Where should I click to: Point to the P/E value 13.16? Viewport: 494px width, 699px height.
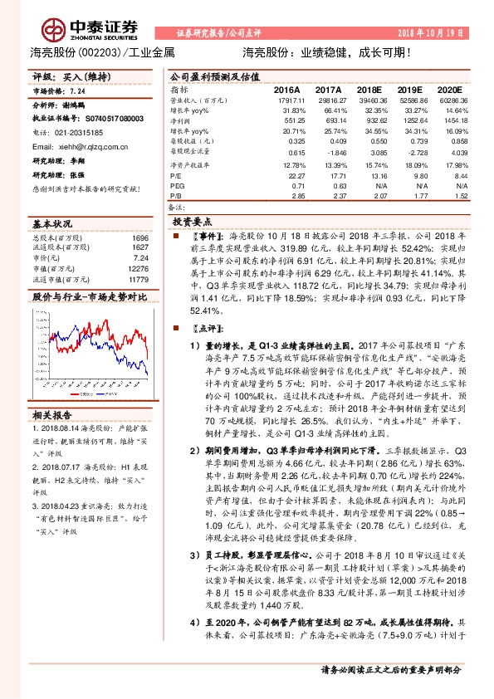[x=378, y=176]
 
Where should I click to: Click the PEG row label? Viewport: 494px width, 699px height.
[x=178, y=187]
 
